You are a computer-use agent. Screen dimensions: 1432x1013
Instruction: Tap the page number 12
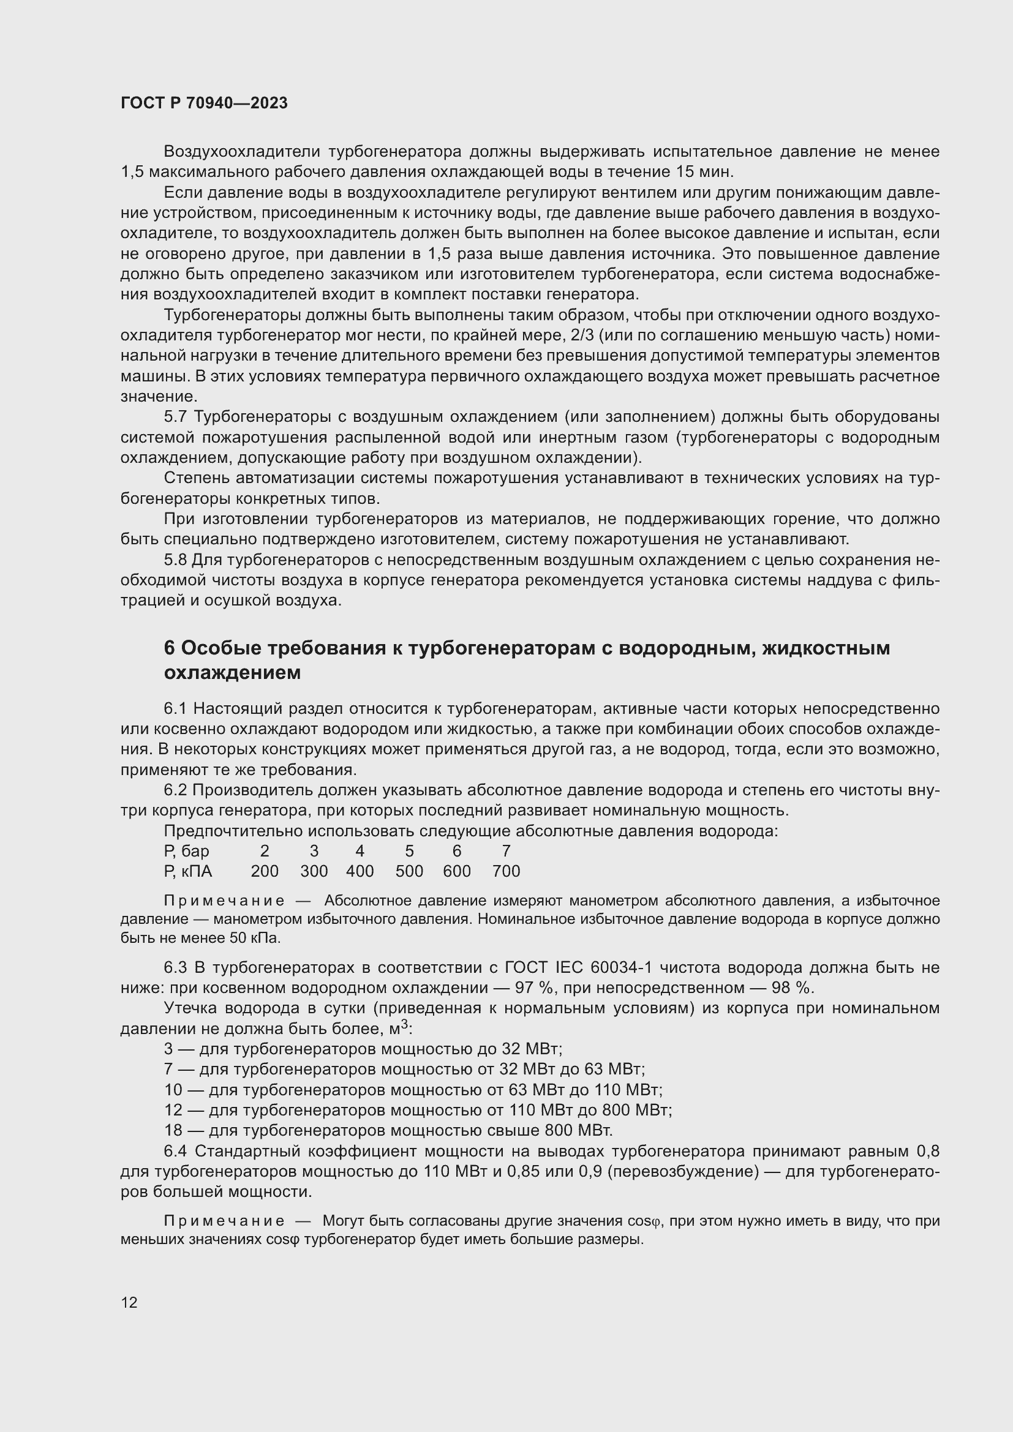point(129,1302)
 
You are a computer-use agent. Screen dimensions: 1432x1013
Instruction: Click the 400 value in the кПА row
point(360,871)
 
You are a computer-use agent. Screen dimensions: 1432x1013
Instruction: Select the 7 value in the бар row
point(506,851)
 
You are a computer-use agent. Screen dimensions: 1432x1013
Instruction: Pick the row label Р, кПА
point(188,871)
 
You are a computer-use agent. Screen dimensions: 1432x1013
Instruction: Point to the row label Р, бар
point(187,851)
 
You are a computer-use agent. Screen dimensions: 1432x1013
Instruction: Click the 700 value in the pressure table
point(506,871)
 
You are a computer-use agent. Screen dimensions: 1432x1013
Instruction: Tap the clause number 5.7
point(176,417)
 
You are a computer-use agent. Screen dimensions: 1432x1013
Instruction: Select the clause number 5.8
point(176,560)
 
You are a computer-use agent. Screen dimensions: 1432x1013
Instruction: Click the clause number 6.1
point(176,708)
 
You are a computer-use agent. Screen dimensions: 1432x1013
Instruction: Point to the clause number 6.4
point(176,1151)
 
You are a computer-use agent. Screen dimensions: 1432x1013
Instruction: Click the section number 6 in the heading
point(170,648)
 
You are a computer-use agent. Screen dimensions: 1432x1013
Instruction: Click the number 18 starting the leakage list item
point(173,1130)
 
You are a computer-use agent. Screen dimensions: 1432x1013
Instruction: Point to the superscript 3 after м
point(404,1024)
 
